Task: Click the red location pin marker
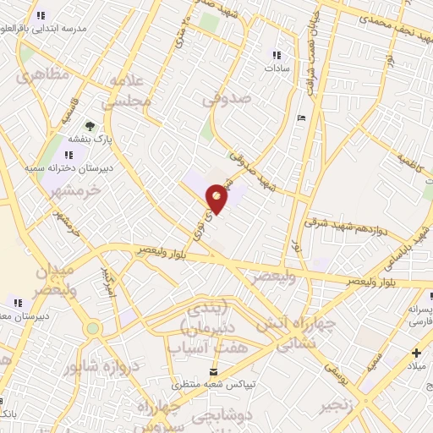(216, 198)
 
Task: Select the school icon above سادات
(276, 56)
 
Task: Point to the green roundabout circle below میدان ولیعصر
(92, 328)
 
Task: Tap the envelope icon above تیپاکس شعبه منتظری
(213, 371)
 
